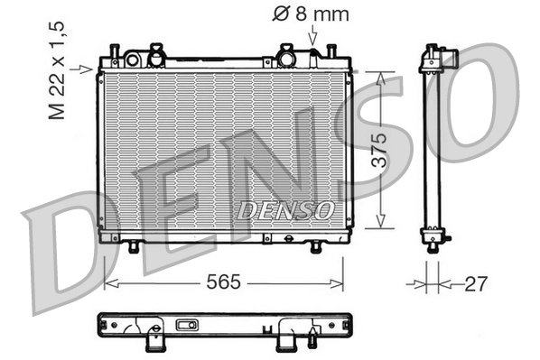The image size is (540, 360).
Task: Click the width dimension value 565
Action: coord(223,282)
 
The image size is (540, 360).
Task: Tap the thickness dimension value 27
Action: coord(475,284)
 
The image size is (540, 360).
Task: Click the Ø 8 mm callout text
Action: coord(310,14)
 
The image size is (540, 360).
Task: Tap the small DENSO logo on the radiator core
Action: coord(285,211)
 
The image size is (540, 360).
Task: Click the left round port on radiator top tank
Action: coord(132,60)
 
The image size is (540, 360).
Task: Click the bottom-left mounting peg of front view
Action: coord(134,245)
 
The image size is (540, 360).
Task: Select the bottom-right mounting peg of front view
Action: coord(315,245)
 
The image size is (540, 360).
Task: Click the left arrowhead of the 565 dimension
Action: coord(107,283)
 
